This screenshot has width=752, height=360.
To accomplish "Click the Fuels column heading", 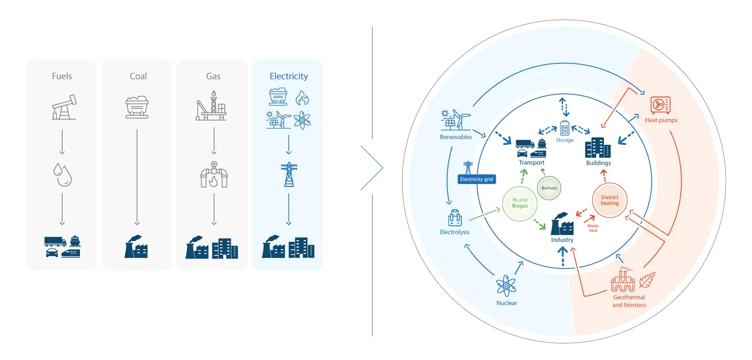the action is pyautogui.click(x=62, y=76).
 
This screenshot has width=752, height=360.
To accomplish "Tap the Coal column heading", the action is pyautogui.click(x=138, y=76).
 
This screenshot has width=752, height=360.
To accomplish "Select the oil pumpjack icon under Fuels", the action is pyautogui.click(x=64, y=107).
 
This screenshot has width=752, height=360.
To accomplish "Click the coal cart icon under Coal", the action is pyautogui.click(x=137, y=108).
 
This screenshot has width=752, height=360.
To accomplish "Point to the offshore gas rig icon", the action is pyautogui.click(x=211, y=105).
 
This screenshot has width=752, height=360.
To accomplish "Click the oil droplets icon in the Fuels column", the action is pyautogui.click(x=63, y=174).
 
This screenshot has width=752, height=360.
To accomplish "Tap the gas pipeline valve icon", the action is pyautogui.click(x=214, y=174).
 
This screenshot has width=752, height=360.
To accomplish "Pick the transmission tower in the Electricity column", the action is pyautogui.click(x=289, y=174).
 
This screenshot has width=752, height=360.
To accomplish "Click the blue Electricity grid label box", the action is pyautogui.click(x=476, y=179).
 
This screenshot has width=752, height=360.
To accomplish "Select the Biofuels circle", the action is pyautogui.click(x=549, y=188).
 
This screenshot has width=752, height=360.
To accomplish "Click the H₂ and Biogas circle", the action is pyautogui.click(x=520, y=203).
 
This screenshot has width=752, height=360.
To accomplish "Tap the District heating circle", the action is pyautogui.click(x=610, y=200).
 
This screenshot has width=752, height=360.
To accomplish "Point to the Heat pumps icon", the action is pyautogui.click(x=660, y=105).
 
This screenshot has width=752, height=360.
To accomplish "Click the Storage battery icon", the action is pyautogui.click(x=565, y=128).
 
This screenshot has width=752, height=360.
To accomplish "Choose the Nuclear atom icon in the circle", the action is pyautogui.click(x=506, y=286).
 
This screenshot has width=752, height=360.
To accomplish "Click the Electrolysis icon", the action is pyautogui.click(x=455, y=218).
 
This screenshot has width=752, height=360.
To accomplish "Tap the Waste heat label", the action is pyautogui.click(x=593, y=228).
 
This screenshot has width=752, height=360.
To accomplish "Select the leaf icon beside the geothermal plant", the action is pyautogui.click(x=647, y=280).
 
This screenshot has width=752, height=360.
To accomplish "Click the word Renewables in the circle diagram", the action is pyautogui.click(x=456, y=137).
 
